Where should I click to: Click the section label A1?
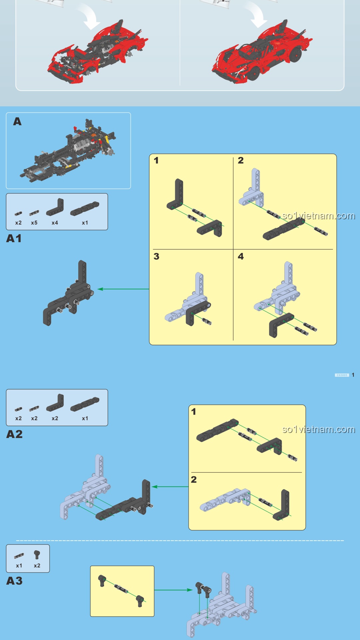[14, 239]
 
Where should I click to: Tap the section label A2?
[14, 434]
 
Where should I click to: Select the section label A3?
[14, 581]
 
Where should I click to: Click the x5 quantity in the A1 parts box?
[34, 223]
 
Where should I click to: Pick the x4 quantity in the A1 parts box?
[55, 223]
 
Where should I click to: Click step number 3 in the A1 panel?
[156, 256]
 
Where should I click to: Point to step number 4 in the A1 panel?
[241, 256]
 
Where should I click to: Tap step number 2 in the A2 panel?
[194, 480]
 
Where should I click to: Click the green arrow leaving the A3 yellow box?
[173, 590]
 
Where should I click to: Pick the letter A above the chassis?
[17, 122]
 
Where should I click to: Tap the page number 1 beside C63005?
[353, 375]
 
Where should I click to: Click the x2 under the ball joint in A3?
[37, 566]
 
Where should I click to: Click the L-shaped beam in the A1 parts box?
[55, 207]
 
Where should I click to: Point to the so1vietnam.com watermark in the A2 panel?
[318, 429]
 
